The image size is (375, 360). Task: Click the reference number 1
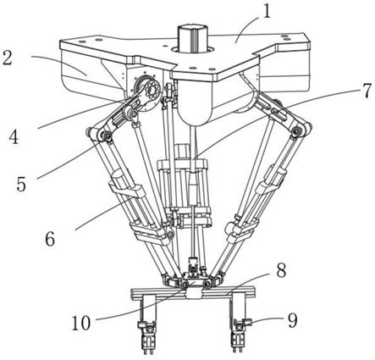267,12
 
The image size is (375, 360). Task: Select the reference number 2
8,58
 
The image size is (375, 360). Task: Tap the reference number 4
14,137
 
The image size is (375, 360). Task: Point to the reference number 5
21,184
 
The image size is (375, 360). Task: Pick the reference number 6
50,239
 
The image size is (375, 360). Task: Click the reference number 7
366,91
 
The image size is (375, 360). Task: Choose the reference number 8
281,270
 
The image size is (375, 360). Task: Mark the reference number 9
292,321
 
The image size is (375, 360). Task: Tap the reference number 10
81,323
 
